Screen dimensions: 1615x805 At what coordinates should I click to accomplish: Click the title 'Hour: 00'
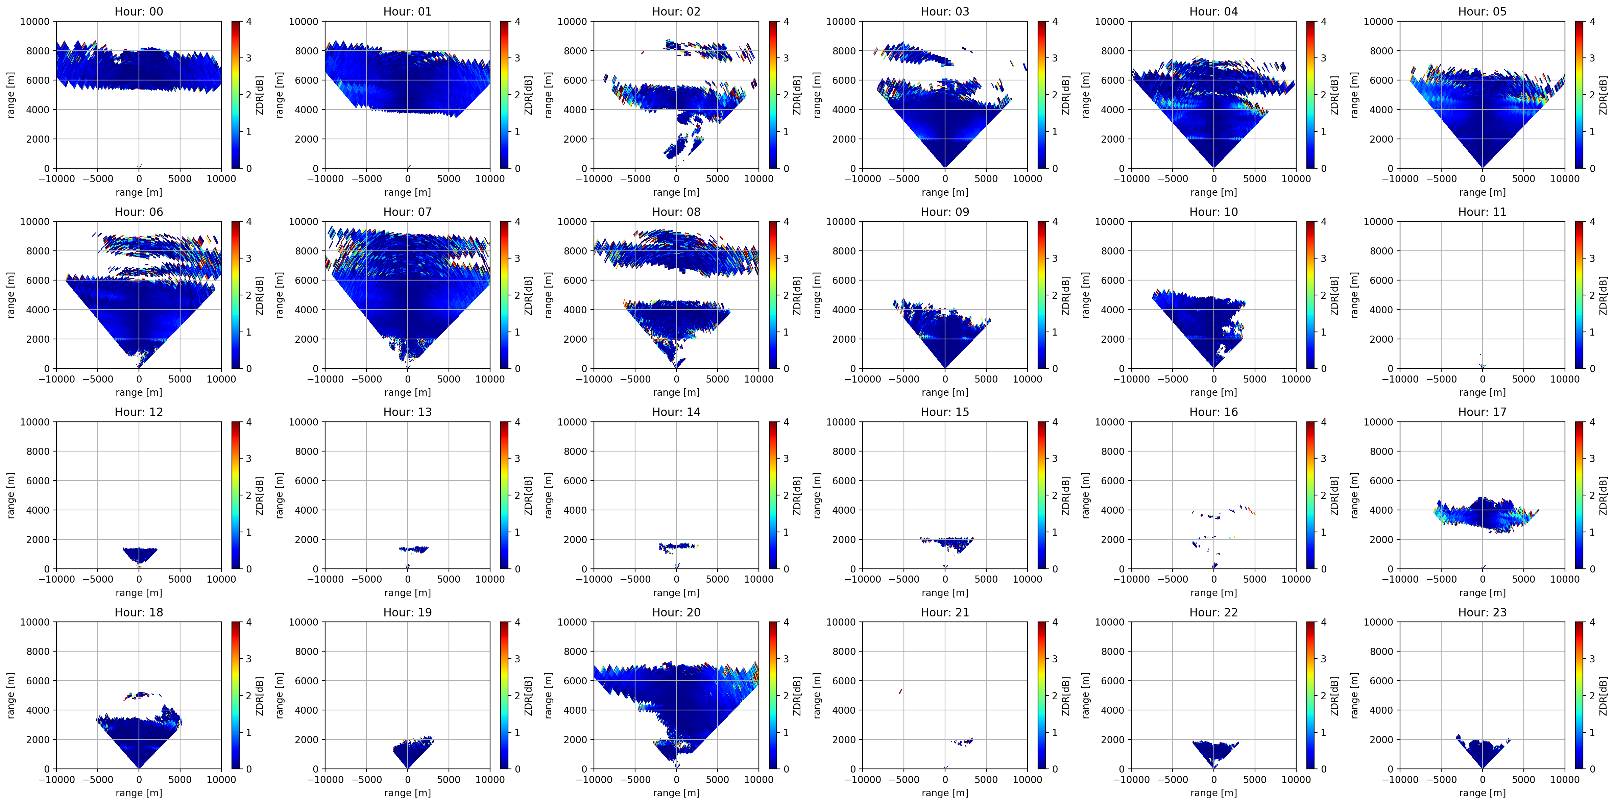pyautogui.click(x=139, y=11)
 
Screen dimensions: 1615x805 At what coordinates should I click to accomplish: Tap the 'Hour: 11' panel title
pyautogui.click(x=1482, y=212)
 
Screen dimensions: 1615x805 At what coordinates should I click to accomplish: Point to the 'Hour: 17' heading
pyautogui.click(x=1482, y=412)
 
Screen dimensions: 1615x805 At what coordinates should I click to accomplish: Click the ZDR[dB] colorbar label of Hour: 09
pyautogui.click(x=1066, y=295)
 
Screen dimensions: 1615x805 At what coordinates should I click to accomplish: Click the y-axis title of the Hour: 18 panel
pyautogui.click(x=11, y=695)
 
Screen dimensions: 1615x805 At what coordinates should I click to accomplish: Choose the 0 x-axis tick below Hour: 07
pyautogui.click(x=408, y=379)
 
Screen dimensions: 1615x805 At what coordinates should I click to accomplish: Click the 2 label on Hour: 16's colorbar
pyautogui.click(x=1324, y=495)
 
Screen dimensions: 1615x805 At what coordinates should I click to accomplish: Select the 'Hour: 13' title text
pyautogui.click(x=408, y=412)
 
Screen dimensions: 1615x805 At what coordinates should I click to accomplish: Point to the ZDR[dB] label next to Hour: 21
pyautogui.click(x=1066, y=695)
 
